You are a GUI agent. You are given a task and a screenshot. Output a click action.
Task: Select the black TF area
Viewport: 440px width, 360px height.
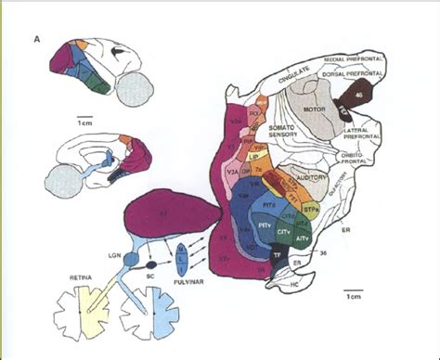(x=277, y=251)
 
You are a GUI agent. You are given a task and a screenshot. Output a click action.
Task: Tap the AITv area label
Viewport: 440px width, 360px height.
(x=304, y=238)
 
